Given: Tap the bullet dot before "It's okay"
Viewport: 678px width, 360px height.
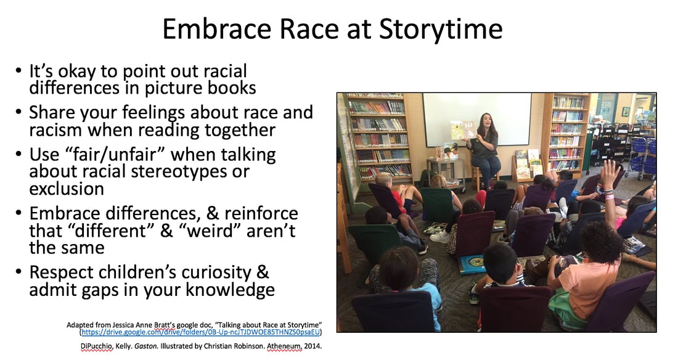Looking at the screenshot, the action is point(18,70).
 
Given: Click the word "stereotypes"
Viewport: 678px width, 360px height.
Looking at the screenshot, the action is point(184,172).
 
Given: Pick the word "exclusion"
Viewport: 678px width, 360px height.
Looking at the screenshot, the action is point(67,189).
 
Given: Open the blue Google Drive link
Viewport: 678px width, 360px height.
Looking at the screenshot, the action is point(201,332).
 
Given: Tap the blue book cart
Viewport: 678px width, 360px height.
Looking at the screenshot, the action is point(642,157).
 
